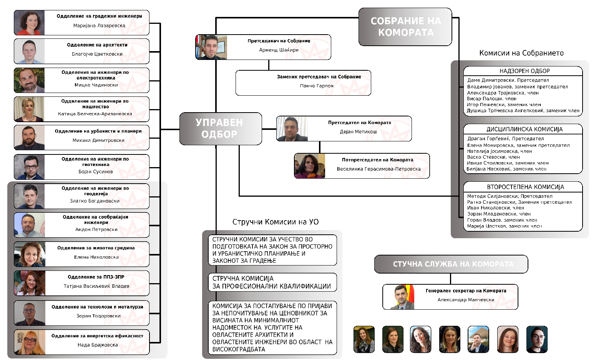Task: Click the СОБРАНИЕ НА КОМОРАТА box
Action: pos(405,27)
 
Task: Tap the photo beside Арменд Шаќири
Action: pos(212,47)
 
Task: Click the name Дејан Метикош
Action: pos(358,132)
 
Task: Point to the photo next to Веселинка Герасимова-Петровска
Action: pos(310,166)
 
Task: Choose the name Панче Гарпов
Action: pos(317,86)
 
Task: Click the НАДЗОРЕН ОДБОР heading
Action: pos(524,71)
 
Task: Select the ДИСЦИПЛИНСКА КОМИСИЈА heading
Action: pos(524,129)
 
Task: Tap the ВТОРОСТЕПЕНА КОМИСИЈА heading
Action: pos(525,187)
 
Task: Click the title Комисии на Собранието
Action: pos(521,53)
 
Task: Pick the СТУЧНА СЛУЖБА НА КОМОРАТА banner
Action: pos(453,264)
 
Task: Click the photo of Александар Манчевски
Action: pos(402,297)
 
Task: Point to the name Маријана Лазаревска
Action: pos(99,26)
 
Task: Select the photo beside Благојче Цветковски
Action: pos(30,51)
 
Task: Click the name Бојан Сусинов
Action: pos(96,172)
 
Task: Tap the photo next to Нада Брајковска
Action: pos(30,342)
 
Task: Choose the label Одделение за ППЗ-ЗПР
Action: pos(96,277)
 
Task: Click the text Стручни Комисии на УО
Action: pos(275,222)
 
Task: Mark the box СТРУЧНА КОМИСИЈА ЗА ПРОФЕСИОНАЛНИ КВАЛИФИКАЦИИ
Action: pos(272,282)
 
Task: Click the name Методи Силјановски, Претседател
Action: pos(510,196)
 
